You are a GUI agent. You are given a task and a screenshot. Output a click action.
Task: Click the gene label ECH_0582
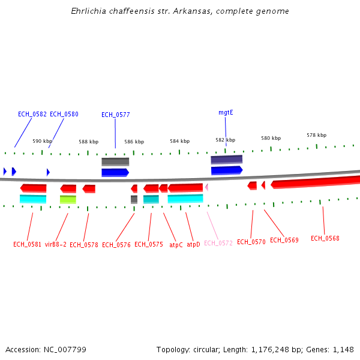(x=32, y=114)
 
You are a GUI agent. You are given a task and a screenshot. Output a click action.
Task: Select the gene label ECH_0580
(x=64, y=114)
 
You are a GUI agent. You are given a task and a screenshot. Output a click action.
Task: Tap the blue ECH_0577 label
(x=116, y=115)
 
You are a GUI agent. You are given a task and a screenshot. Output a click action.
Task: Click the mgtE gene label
(x=226, y=112)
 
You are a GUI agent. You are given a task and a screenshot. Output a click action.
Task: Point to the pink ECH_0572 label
(x=218, y=243)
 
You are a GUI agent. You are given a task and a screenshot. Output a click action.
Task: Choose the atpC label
(x=176, y=245)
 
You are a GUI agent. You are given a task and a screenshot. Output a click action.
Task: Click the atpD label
(x=193, y=245)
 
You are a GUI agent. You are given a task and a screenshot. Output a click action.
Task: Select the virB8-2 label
(x=56, y=245)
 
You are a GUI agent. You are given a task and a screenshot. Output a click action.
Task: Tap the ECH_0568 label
(x=325, y=238)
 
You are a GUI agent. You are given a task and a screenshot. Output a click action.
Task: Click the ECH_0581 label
(x=28, y=244)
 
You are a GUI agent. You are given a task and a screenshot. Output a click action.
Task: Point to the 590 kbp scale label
(x=42, y=141)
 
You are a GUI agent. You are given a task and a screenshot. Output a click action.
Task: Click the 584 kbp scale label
(x=179, y=142)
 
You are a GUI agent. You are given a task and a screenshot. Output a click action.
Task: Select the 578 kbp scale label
(x=316, y=135)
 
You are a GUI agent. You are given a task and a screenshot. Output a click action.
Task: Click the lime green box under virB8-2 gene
(x=68, y=199)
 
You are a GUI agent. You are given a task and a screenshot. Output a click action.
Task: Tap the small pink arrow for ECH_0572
(x=206, y=187)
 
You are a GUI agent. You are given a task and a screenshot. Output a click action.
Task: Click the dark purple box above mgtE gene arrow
(x=227, y=160)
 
